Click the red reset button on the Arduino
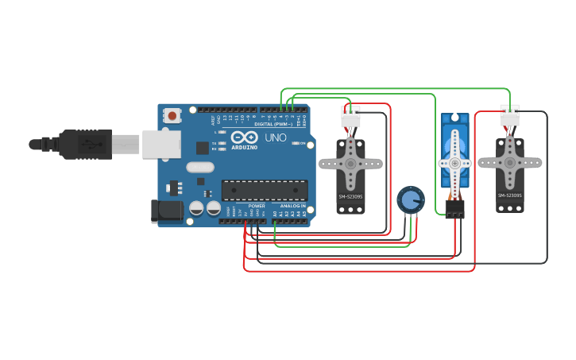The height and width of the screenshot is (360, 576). (x=172, y=116)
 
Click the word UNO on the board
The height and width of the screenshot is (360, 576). (x=275, y=137)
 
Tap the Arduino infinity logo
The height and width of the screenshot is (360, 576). (x=245, y=137)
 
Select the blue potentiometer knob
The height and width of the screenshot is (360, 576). (x=410, y=199)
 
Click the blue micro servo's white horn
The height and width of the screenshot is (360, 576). (x=454, y=162)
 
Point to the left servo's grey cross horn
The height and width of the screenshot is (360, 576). (x=350, y=163)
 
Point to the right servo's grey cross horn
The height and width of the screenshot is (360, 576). (x=510, y=162)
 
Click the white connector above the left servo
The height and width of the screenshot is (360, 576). (x=350, y=116)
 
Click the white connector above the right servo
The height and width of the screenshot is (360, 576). (x=510, y=116)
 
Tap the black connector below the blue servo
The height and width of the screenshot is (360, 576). (x=454, y=208)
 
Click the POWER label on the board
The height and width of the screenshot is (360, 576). (x=257, y=207)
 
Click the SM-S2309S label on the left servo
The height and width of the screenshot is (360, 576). (x=350, y=195)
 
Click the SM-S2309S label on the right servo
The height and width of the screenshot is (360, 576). (x=509, y=195)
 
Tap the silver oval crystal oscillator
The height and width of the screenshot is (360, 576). (x=201, y=168)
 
